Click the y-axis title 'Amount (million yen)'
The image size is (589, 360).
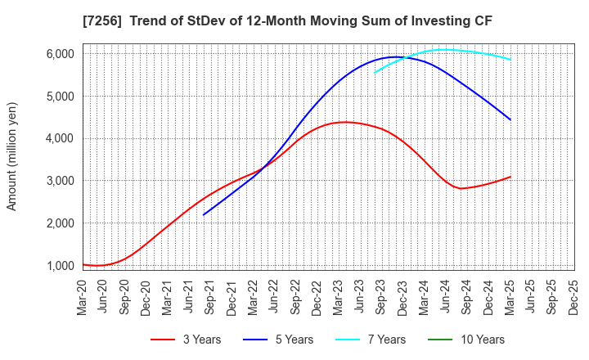[x=11, y=156]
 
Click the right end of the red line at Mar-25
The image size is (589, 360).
[x=510, y=177]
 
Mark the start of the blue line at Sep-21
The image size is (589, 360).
[x=204, y=214]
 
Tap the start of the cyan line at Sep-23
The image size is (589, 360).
[x=375, y=73]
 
